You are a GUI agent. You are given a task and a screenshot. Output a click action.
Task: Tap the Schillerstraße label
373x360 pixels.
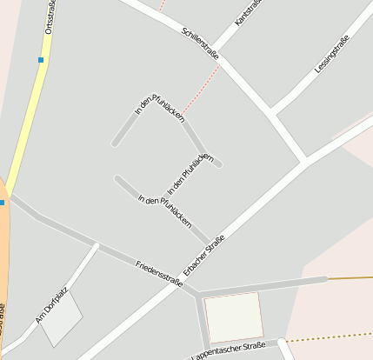199,43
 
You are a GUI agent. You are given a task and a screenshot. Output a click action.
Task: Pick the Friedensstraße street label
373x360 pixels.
158,271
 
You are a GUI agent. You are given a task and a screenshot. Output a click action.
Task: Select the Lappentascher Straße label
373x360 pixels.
228,350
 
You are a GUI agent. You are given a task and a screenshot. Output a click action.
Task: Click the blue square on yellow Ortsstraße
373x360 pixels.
40,60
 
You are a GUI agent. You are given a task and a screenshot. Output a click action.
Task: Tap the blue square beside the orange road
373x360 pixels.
2,202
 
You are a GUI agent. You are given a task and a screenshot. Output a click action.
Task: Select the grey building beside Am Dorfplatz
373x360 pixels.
61,319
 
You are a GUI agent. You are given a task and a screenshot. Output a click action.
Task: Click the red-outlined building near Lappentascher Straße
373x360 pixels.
233,317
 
